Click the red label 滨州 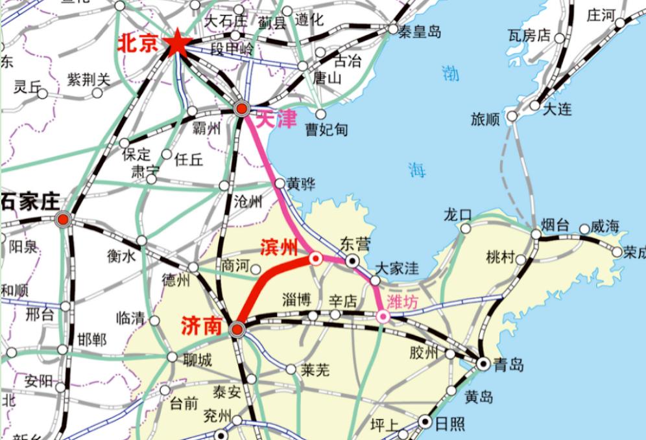tap(279, 247)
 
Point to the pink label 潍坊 tap(403, 301)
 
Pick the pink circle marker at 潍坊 tap(383, 316)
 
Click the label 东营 tap(355, 244)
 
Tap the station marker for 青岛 tap(483, 364)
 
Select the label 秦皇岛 tap(420, 30)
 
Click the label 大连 tap(557, 108)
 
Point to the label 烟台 tap(555, 225)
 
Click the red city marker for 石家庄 tap(63, 220)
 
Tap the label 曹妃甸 tap(327, 130)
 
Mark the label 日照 tap(449, 424)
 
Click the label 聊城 tap(197, 360)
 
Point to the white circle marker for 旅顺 tap(512, 117)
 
